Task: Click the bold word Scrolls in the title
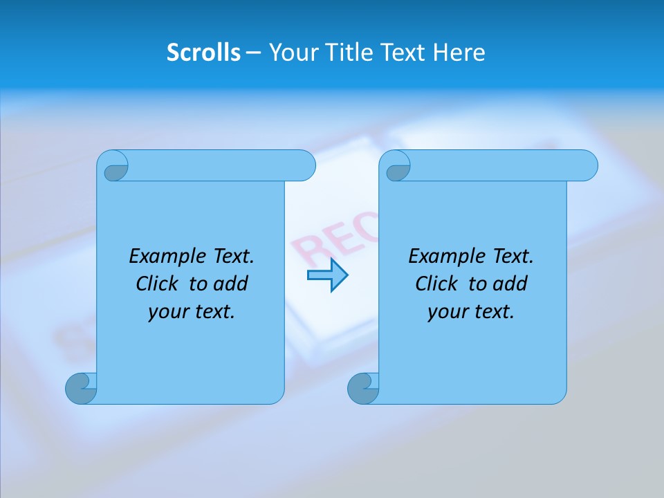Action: [203, 53]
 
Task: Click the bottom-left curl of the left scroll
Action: [82, 388]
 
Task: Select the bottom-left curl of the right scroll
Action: [364, 388]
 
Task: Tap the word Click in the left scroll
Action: [158, 284]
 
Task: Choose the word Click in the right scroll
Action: [436, 284]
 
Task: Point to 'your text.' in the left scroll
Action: [192, 311]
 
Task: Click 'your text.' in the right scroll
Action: [471, 311]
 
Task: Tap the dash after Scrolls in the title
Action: [253, 53]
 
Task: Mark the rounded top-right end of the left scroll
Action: [304, 166]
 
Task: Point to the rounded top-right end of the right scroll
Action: [587, 166]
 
